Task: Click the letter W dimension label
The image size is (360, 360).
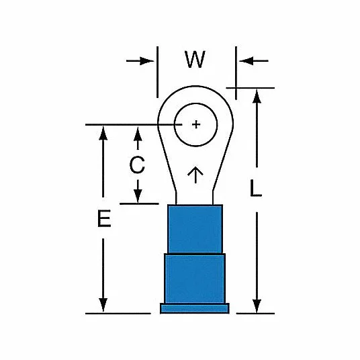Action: click(195, 60)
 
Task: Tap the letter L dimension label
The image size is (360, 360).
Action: click(255, 188)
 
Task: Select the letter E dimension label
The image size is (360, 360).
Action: click(104, 218)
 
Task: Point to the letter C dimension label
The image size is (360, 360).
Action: click(137, 165)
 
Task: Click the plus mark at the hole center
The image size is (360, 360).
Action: click(196, 124)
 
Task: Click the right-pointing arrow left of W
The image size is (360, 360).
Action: click(140, 61)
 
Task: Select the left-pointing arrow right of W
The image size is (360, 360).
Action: click(253, 61)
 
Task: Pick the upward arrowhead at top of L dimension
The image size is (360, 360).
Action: click(257, 97)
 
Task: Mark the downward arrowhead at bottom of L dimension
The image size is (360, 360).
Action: click(257, 306)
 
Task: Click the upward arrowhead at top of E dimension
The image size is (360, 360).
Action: click(103, 133)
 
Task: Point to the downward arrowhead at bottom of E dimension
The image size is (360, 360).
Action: click(103, 305)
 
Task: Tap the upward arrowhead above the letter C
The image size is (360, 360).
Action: click(138, 134)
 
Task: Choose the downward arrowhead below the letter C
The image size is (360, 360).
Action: click(138, 196)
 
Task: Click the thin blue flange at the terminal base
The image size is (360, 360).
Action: click(195, 308)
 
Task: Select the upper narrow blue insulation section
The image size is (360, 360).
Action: click(195, 229)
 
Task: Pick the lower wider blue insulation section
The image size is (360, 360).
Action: click(195, 279)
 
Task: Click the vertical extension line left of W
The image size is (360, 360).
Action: click(157, 72)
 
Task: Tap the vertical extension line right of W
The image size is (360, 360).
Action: click(236, 73)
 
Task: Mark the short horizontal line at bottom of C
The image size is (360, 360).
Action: click(139, 204)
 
